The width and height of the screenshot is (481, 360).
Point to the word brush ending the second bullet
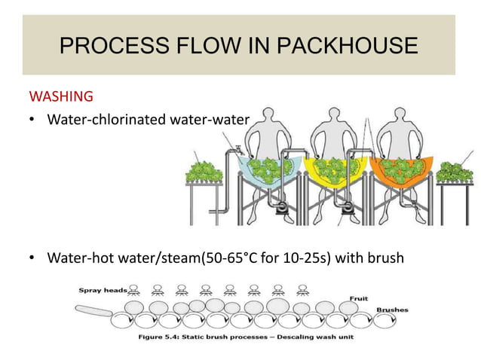[x=385, y=259]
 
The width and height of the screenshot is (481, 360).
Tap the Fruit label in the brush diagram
[x=359, y=298]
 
